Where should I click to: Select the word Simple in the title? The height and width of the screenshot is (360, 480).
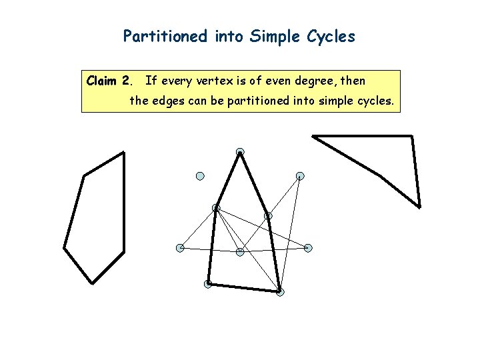272,37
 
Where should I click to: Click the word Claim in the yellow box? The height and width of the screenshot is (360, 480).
102,81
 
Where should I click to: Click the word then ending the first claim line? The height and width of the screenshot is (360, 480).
353,81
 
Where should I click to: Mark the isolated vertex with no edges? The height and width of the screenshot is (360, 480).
199,176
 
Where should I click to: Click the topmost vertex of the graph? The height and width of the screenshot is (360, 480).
240,152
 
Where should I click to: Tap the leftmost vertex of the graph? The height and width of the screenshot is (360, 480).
180,248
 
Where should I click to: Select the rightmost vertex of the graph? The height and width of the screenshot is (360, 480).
308,248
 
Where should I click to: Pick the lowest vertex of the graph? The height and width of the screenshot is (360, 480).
280,292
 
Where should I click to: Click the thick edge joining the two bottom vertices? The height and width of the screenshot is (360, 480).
244,288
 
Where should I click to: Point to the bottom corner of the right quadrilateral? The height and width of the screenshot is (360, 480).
419,207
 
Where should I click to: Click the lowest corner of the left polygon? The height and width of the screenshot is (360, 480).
91,283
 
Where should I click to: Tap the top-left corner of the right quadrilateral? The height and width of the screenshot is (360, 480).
313,136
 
